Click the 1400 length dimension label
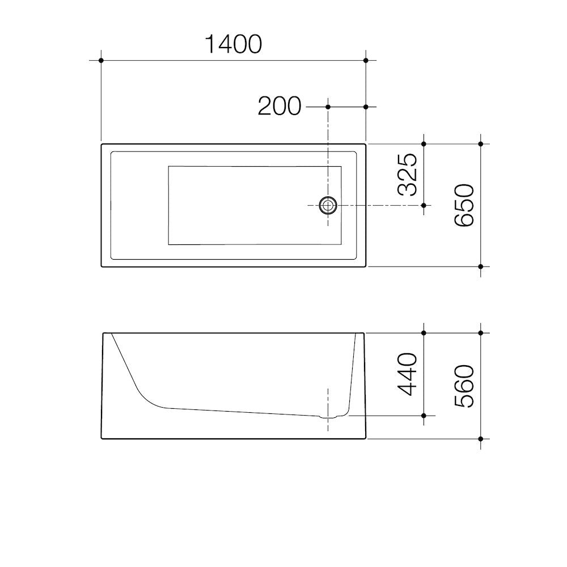[x=232, y=44]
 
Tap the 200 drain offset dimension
[x=279, y=106]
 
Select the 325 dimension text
[x=408, y=174]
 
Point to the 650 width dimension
[x=464, y=205]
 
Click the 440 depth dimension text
[x=408, y=374]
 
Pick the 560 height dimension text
[x=464, y=386]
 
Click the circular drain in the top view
[x=328, y=205]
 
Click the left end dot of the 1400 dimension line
[x=101, y=60]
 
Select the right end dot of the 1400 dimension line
[x=366, y=60]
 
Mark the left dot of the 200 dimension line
[x=328, y=107]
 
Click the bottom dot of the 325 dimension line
[x=424, y=205]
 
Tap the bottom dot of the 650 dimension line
[x=481, y=266]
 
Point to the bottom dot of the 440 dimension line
[x=424, y=416]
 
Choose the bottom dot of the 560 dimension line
[x=481, y=439]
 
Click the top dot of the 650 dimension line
[x=481, y=143]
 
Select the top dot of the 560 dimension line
[x=481, y=333]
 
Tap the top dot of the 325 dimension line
[x=424, y=143]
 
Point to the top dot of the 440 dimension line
[x=424, y=333]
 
